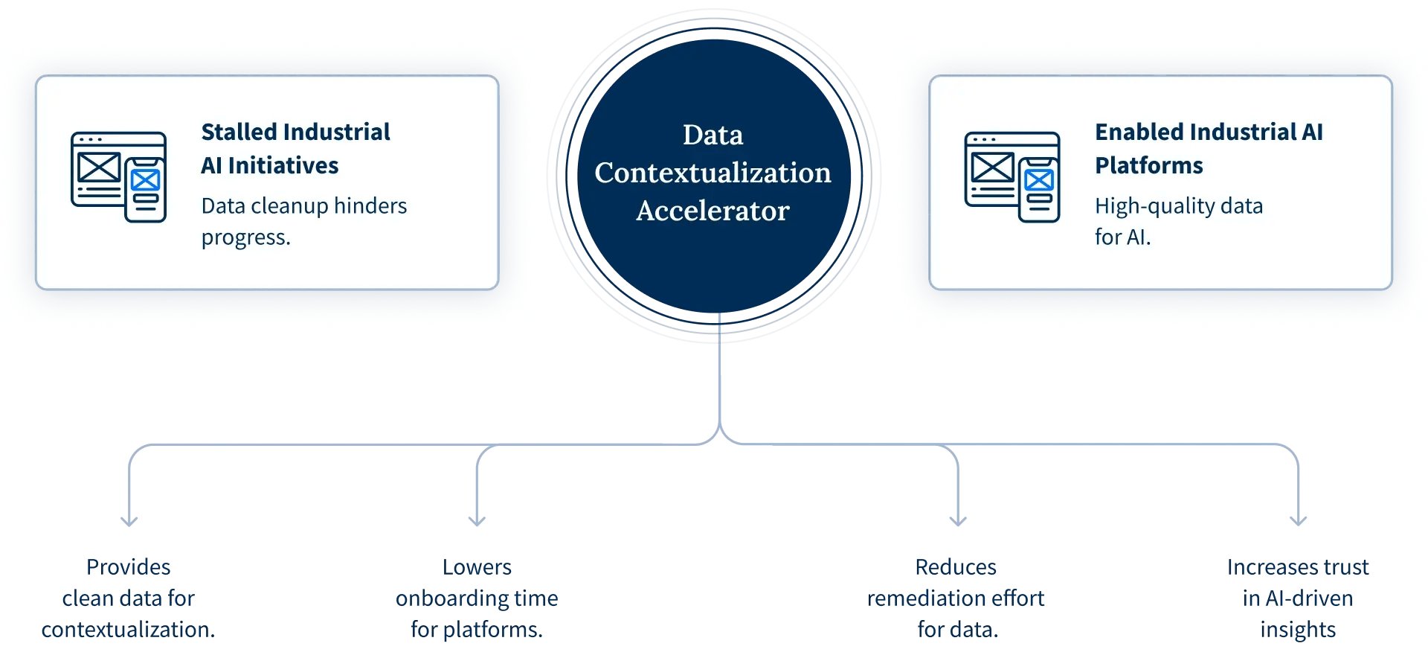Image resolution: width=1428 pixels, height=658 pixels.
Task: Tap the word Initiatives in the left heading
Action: (283, 165)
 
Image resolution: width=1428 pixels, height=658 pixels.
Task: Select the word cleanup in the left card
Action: (290, 206)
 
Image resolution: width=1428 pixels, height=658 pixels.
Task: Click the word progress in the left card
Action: (245, 238)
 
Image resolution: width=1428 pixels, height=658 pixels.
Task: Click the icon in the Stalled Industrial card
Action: (119, 176)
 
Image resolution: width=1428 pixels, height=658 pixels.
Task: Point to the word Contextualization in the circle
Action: (713, 173)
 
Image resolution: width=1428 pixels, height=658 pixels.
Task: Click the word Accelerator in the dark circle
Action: (713, 211)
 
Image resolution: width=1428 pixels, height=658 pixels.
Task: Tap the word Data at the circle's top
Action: (713, 135)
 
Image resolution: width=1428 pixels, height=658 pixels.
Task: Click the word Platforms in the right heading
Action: (1148, 165)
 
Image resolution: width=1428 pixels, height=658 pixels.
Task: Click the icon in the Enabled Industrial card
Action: (1012, 176)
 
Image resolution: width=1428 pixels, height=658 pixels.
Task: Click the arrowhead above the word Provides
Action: (129, 520)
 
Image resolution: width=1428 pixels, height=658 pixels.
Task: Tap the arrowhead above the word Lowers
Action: (477, 520)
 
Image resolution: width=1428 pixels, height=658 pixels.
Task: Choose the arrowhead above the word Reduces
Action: (958, 520)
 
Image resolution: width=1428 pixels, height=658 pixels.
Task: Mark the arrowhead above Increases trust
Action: (1299, 520)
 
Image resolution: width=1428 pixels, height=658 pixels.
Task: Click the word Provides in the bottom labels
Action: (128, 567)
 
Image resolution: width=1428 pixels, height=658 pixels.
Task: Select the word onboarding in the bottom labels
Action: (451, 598)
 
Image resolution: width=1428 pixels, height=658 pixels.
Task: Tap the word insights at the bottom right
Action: (1298, 630)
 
